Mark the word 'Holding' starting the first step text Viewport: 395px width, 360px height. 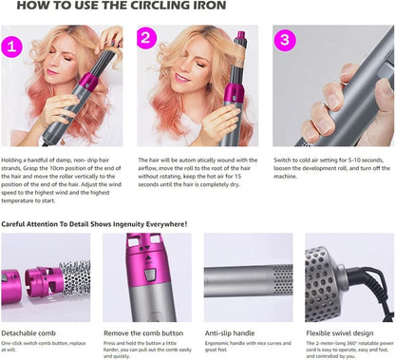pos(14,161)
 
